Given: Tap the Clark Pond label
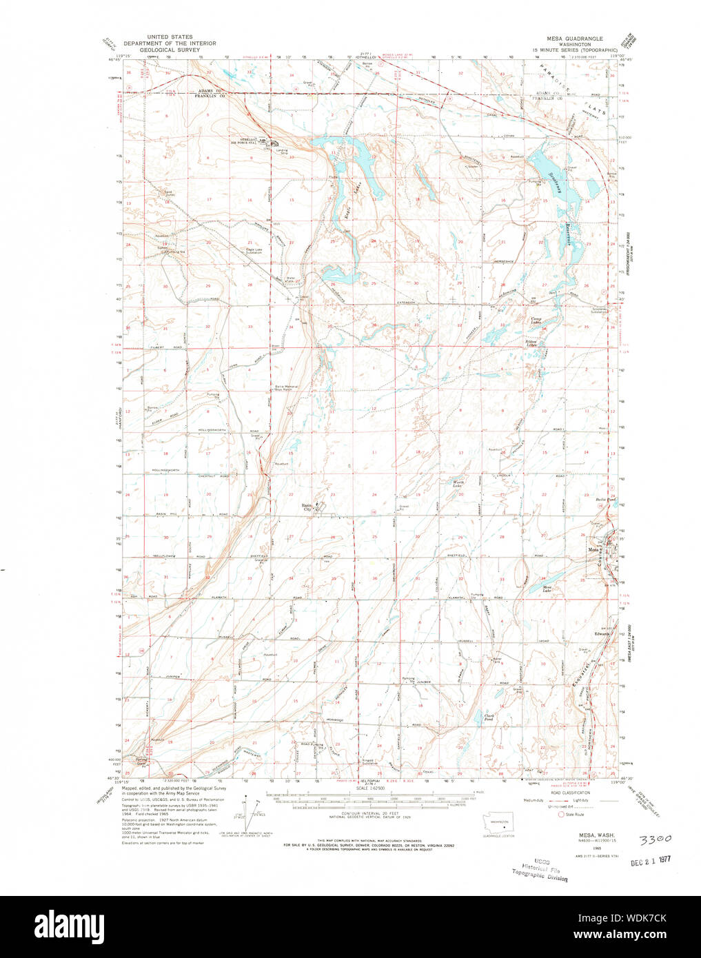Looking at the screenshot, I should click(x=490, y=717).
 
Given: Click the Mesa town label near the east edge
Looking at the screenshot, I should click(x=592, y=549).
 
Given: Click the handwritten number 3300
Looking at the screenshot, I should click(x=654, y=840).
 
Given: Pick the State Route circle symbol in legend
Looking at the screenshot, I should click(x=560, y=814).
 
